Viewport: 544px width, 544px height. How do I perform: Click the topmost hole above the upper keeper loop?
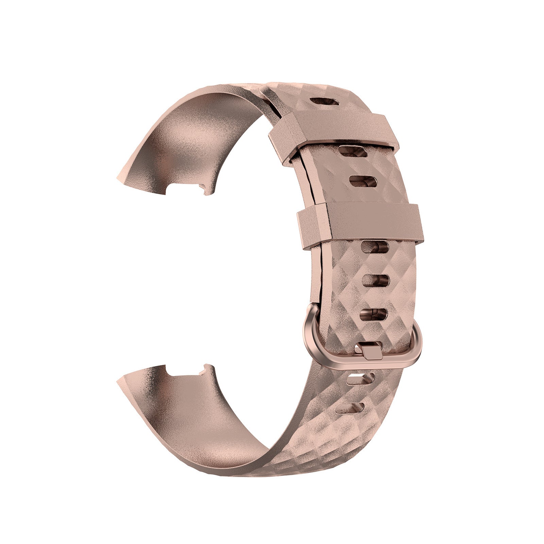pos(325,102)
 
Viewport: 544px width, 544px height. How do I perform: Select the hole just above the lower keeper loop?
pos(363,182)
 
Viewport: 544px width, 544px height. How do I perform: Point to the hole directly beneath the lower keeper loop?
pos(375,247)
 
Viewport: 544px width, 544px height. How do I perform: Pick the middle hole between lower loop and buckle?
pos(375,280)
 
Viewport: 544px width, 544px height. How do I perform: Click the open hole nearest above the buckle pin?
pos(373,314)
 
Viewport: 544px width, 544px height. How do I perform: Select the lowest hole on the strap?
pos(350,408)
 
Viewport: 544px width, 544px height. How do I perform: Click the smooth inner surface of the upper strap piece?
pos(190,136)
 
